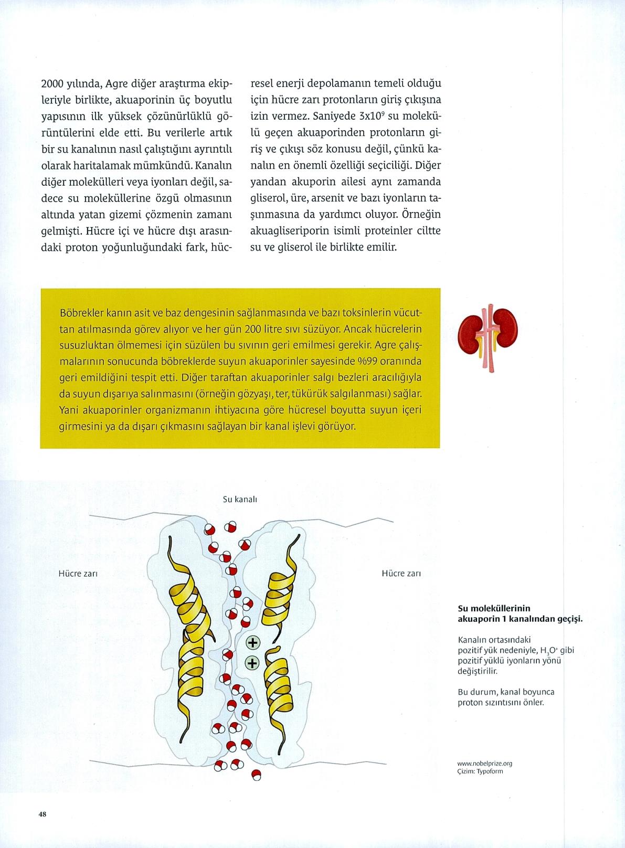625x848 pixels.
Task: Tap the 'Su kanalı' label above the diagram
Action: pyautogui.click(x=239, y=500)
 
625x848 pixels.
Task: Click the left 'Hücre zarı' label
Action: pyautogui.click(x=78, y=574)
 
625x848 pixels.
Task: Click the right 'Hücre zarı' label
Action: pyautogui.click(x=401, y=574)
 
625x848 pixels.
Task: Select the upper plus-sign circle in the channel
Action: pyautogui.click(x=253, y=642)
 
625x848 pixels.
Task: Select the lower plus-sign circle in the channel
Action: pyautogui.click(x=253, y=663)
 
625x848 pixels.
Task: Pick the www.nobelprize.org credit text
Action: pyautogui.click(x=484, y=764)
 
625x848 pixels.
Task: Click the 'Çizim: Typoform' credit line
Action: pyautogui.click(x=480, y=771)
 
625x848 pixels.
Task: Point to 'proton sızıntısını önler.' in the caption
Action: pyautogui.click(x=501, y=702)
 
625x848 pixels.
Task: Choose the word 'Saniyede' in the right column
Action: pyautogui.click(x=337, y=116)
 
